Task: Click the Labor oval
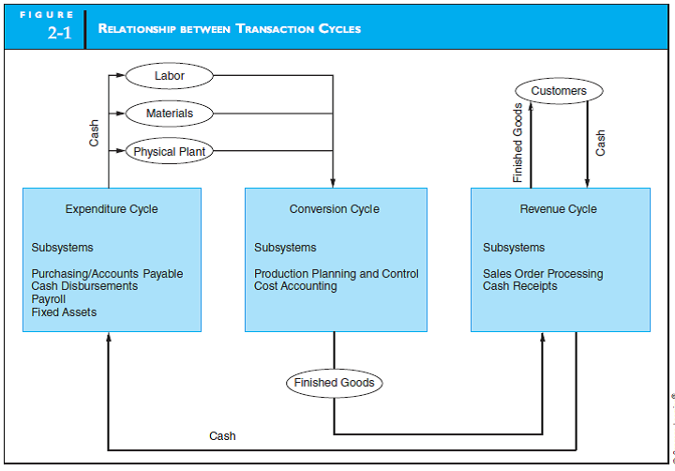[170, 75]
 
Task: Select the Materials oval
[170, 114]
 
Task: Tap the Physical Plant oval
[170, 151]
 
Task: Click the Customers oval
[559, 91]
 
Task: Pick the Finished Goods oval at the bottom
[334, 383]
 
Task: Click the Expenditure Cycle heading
[112, 209]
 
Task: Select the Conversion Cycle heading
[335, 209]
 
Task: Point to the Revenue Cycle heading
[559, 209]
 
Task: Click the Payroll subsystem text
[49, 299]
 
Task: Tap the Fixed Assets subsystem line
[64, 312]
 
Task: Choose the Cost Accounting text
[295, 286]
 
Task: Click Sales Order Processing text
[543, 274]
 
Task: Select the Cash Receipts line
[519, 286]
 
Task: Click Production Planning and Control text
[337, 274]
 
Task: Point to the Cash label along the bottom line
[222, 436]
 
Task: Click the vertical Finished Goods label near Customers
[518, 143]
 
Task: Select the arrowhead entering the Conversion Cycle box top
[333, 182]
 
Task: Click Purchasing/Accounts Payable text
[107, 274]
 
